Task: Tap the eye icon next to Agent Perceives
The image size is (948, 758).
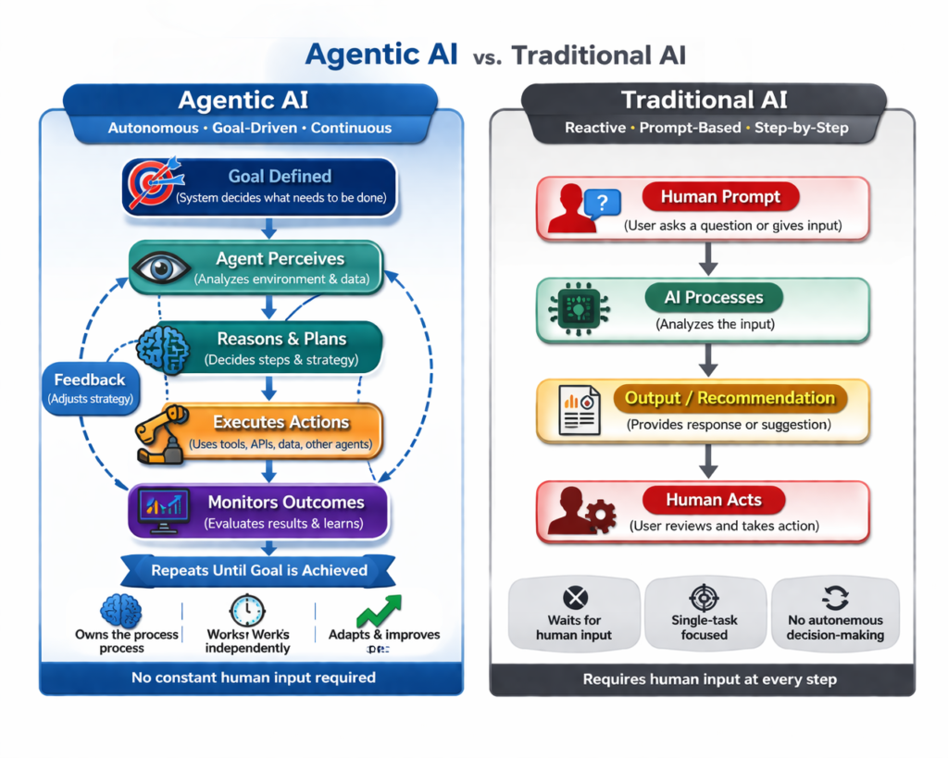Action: pos(163,268)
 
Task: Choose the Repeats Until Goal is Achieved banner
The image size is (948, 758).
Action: pos(259,570)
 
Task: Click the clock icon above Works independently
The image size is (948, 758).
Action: pos(247,611)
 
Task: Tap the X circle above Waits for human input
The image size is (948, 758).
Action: pos(575,598)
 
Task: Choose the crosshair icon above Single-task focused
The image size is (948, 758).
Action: pos(705,597)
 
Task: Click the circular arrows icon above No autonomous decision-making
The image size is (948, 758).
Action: pos(835,597)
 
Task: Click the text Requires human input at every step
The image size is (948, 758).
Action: pos(709,679)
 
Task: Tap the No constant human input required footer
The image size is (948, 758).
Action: pos(253,677)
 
